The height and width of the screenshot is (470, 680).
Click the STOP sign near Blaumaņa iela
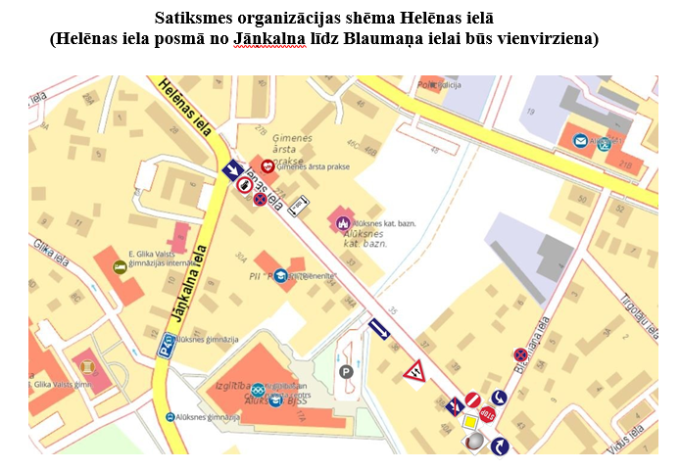coord(487,414)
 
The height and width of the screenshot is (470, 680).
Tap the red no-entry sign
coord(472,399)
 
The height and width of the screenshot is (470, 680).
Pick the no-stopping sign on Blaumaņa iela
coord(520,354)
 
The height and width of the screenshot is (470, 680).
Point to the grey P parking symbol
coord(345,371)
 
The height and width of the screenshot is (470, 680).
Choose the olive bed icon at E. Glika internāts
coord(120,266)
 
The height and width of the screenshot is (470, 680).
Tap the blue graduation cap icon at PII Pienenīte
coord(281,276)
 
